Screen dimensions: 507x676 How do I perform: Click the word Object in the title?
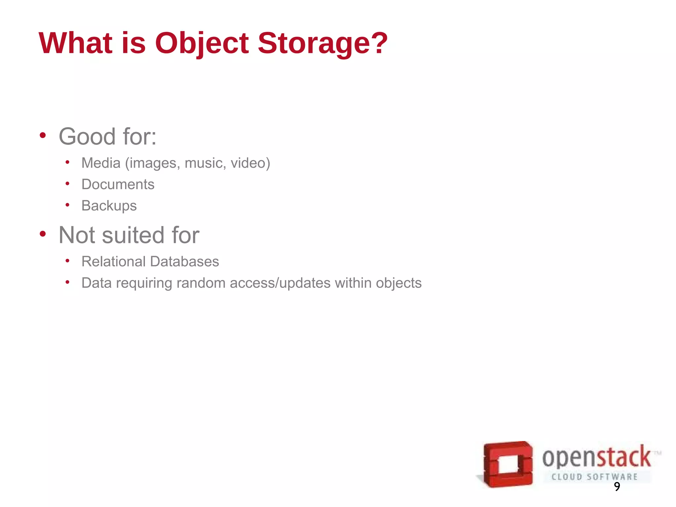(202, 43)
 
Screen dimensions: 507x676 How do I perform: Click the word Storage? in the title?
(322, 43)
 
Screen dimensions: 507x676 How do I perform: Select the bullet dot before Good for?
(43, 135)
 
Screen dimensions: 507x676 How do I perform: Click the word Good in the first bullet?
(87, 136)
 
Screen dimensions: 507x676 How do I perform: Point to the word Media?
(101, 163)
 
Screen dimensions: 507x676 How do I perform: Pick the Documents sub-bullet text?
(118, 184)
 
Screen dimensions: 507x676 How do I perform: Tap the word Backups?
(109, 206)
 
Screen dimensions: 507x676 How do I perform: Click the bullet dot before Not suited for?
(43, 234)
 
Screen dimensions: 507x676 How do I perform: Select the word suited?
(133, 235)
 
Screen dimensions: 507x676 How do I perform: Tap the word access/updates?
(280, 283)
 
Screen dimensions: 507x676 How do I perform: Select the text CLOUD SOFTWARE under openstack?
(594, 477)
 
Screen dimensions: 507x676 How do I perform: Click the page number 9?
(617, 487)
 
